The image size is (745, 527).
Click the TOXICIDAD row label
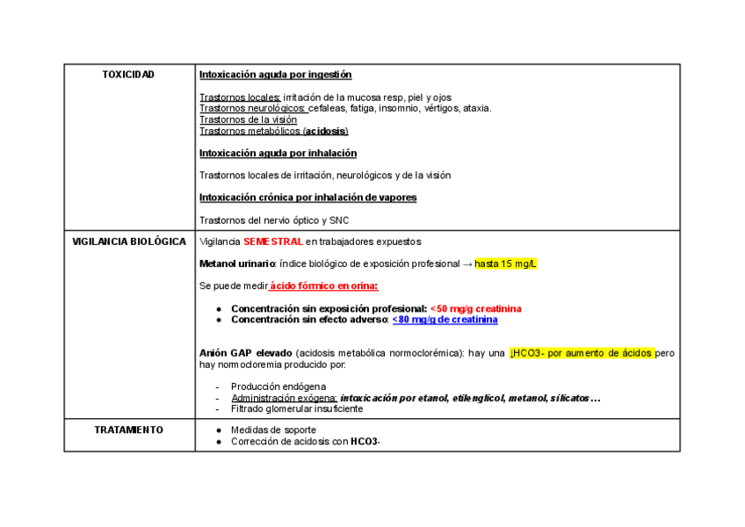[x=128, y=75]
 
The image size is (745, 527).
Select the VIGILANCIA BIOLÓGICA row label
[x=129, y=242]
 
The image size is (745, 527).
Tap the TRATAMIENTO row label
[x=129, y=430]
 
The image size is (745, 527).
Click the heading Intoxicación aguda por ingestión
[x=276, y=75]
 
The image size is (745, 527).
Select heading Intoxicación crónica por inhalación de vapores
[x=307, y=198]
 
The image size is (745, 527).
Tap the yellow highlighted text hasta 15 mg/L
[x=505, y=264]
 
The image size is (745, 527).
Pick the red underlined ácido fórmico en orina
[x=324, y=286]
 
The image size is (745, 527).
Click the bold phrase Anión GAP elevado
[x=246, y=353]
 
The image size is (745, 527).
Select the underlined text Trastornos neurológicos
[x=252, y=108]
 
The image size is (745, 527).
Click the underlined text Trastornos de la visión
[x=248, y=119]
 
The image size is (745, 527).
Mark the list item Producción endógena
[x=278, y=386]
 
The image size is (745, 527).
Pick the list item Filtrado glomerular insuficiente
[x=297, y=408]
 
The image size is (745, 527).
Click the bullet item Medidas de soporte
[x=273, y=430]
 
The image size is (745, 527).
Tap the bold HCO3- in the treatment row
[x=365, y=441]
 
